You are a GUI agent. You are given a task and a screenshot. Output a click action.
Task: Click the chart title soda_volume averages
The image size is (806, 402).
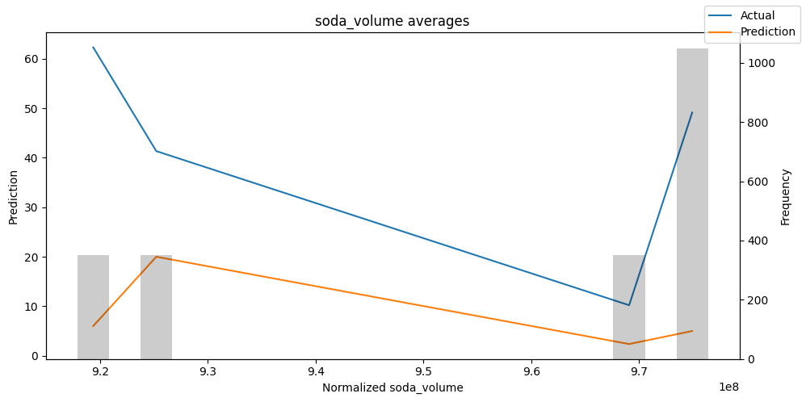point(392,22)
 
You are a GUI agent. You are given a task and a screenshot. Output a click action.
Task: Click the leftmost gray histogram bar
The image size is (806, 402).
point(93,307)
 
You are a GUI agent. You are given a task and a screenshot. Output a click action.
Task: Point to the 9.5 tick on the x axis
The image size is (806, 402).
point(423,372)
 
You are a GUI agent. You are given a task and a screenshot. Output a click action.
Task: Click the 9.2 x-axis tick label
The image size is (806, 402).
point(100,372)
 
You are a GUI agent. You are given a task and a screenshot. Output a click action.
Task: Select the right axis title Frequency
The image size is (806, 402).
point(785,197)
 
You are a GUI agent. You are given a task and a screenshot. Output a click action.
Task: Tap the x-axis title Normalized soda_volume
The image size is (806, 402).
point(393,387)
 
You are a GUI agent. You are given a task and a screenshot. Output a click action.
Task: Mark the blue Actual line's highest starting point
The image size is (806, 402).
point(93,47)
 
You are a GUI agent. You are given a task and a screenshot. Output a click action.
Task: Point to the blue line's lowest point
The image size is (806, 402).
point(629,305)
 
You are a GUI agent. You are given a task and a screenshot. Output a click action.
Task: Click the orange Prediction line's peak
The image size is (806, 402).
point(156,257)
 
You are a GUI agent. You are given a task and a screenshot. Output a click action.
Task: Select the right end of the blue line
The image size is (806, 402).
point(692,112)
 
